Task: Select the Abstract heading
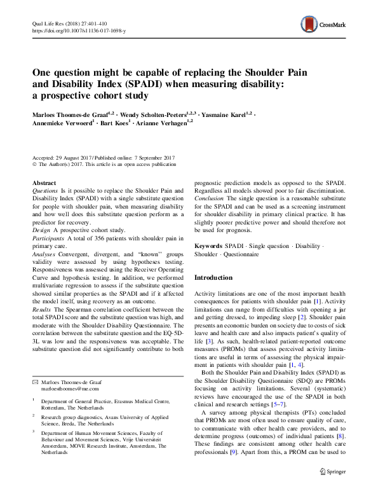tap(44, 183)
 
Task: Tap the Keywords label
tap(208, 245)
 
